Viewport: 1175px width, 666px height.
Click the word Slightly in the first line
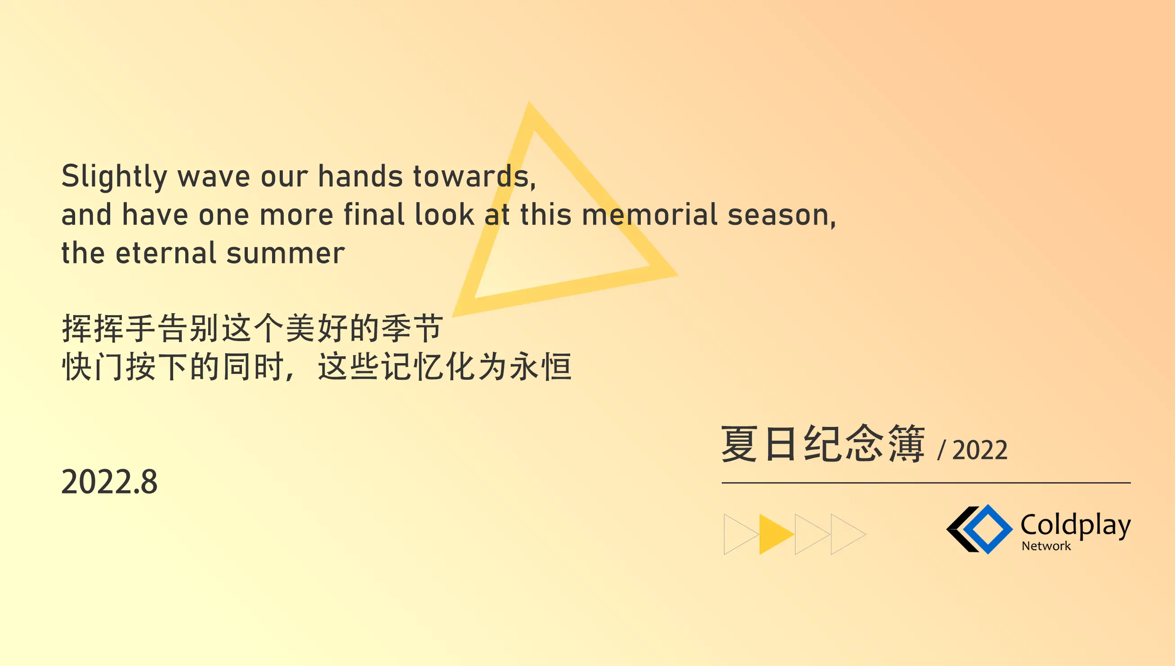click(114, 177)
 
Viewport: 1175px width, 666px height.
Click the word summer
click(286, 254)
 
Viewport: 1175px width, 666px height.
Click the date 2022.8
click(109, 482)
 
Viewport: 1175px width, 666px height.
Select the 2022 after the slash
click(980, 450)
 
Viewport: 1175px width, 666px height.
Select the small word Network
click(1046, 546)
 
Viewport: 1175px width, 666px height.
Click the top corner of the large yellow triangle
click(529, 102)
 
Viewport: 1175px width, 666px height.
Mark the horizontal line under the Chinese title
click(926, 483)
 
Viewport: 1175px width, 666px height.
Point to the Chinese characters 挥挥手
click(108, 329)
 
